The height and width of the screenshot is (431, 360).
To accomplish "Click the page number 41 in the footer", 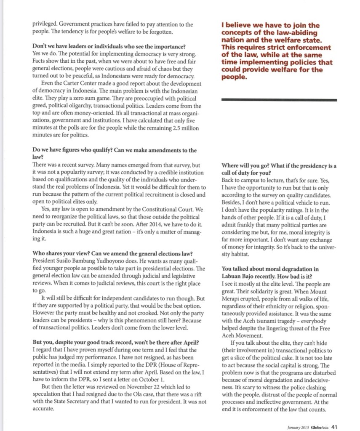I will tap(333, 426).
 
